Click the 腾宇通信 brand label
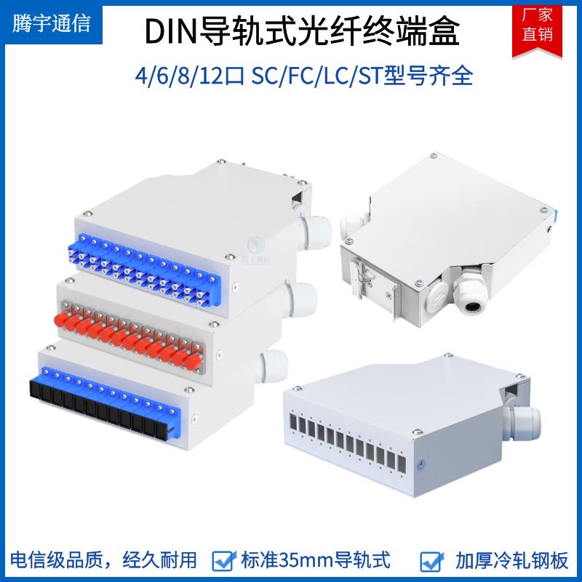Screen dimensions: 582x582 point(52,24)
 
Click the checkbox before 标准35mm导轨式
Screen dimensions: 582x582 point(222,560)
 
